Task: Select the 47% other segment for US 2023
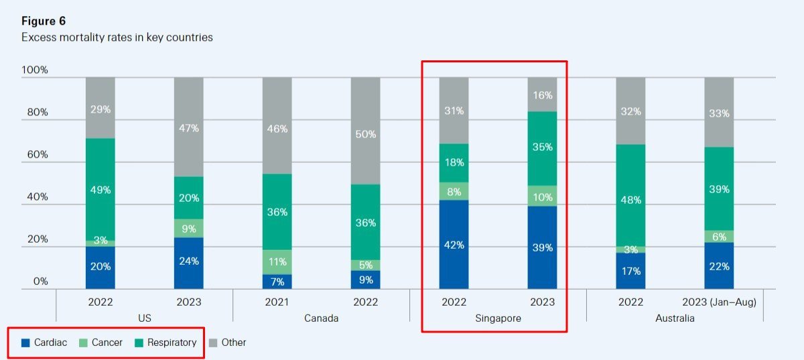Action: [x=188, y=127]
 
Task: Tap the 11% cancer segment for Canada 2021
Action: [x=277, y=262]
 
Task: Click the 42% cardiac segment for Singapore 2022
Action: [x=454, y=245]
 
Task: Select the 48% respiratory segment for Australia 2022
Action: [x=630, y=199]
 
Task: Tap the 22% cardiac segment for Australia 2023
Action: [x=719, y=266]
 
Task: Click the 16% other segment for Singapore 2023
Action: [x=542, y=95]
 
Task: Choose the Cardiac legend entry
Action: [x=44, y=343]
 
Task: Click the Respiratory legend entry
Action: [x=165, y=343]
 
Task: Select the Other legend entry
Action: [x=228, y=343]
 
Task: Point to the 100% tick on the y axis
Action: [x=35, y=70]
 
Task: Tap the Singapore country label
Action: [x=498, y=318]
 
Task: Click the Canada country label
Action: [x=321, y=318]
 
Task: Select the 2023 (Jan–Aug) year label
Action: [x=719, y=302]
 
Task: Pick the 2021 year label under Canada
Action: [x=277, y=302]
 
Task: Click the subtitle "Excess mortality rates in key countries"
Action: [x=117, y=38]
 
